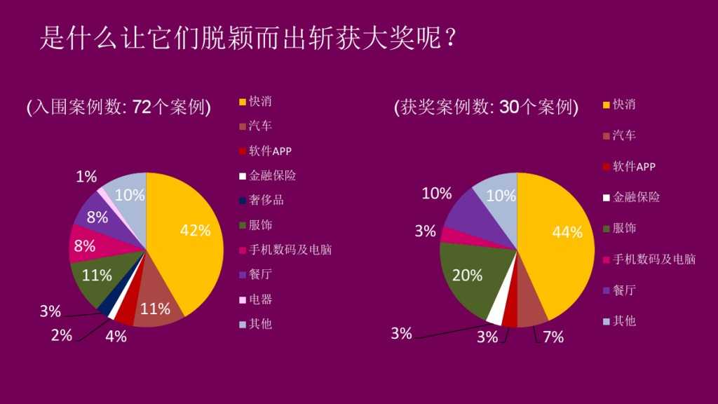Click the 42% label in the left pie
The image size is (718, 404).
[x=196, y=231]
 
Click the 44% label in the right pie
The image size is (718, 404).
[x=567, y=232]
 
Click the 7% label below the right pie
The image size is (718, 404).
[x=553, y=337]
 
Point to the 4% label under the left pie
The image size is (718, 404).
[x=116, y=336]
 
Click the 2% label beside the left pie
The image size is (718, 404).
[x=62, y=335]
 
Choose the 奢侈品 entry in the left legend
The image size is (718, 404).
[x=266, y=200]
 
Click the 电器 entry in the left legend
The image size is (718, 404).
[x=260, y=299]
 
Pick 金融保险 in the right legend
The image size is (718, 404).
[x=636, y=197]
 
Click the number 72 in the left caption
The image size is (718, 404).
[x=142, y=107]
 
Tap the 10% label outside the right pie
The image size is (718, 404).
[x=436, y=194]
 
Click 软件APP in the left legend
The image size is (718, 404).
[x=270, y=151]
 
